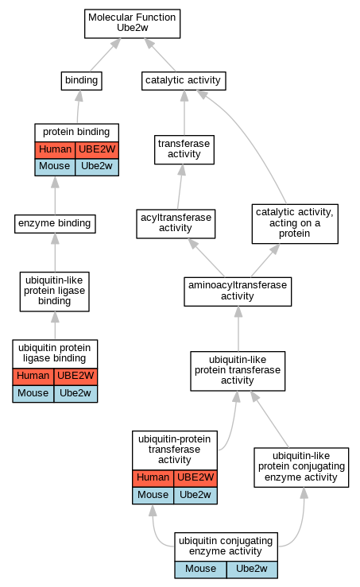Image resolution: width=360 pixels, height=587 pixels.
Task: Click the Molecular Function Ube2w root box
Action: [132, 24]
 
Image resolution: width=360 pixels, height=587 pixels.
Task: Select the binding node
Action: [81, 80]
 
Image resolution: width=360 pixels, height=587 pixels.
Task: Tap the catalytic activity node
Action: [184, 80]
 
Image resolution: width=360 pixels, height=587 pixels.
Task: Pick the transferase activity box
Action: [184, 149]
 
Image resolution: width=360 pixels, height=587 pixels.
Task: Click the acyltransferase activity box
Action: [176, 223]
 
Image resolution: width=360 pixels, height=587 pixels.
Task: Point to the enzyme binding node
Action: [55, 223]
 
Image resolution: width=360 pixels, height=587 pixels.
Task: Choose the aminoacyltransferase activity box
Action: [238, 292]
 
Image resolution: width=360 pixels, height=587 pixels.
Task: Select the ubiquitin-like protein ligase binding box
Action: [54, 292]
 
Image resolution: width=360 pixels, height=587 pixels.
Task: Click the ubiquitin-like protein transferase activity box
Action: [238, 371]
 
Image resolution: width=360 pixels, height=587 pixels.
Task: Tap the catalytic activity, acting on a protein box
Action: [295, 223]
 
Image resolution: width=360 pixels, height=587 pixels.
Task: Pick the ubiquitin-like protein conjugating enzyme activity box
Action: [301, 467]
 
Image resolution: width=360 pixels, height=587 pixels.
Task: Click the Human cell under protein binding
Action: [55, 150]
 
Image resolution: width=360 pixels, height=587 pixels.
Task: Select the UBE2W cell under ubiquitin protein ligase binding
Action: [75, 377]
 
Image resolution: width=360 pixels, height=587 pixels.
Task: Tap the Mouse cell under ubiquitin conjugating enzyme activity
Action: [200, 570]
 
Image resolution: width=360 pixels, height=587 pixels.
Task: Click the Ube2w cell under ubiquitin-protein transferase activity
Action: [195, 496]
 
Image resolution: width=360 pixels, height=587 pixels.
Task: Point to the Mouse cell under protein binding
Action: [55, 167]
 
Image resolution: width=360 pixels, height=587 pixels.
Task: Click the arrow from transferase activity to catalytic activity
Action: [184, 113]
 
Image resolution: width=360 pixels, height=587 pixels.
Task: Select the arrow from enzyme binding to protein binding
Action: [55, 195]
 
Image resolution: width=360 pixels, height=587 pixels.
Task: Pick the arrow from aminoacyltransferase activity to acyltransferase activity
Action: [207, 257]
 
